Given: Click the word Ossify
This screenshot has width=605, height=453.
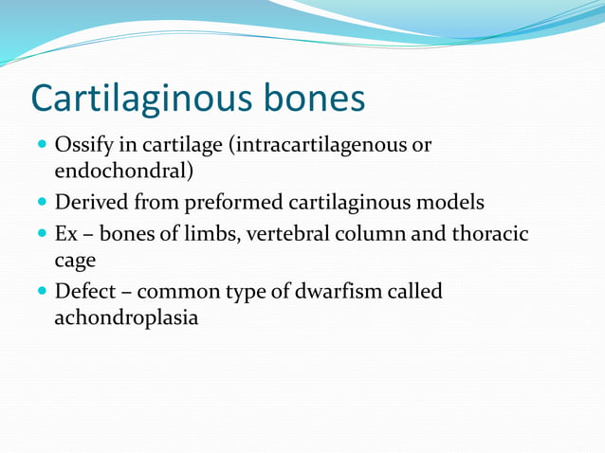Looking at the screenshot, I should tap(82, 146).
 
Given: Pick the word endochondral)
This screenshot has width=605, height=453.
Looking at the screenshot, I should tap(124, 172).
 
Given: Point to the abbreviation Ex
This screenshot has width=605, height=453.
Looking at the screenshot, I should tap(65, 233).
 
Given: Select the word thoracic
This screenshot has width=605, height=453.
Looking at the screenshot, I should tap(490, 233).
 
